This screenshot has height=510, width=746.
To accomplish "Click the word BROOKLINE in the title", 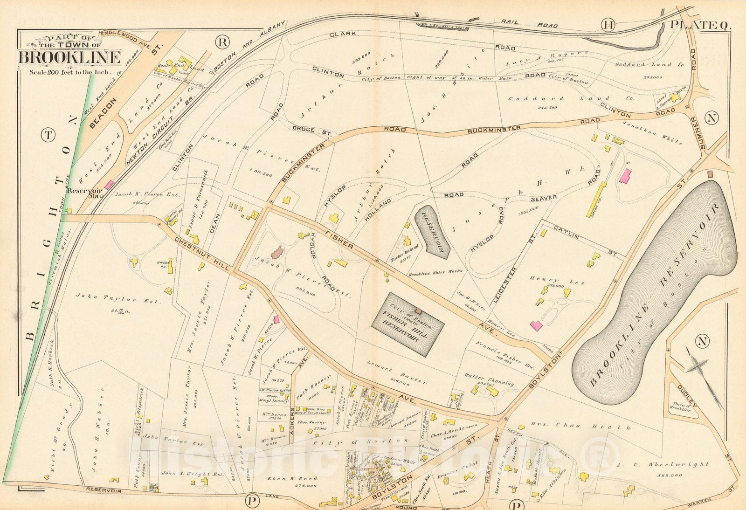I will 70,57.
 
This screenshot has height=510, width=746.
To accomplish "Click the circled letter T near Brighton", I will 48,136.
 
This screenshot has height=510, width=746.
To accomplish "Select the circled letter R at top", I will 223,42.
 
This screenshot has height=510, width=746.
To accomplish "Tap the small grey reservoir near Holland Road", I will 433,232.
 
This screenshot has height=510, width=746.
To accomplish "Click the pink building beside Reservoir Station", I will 108,185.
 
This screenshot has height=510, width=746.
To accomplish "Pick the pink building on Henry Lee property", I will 537,325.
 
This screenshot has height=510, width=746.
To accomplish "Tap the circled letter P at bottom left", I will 252,502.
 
